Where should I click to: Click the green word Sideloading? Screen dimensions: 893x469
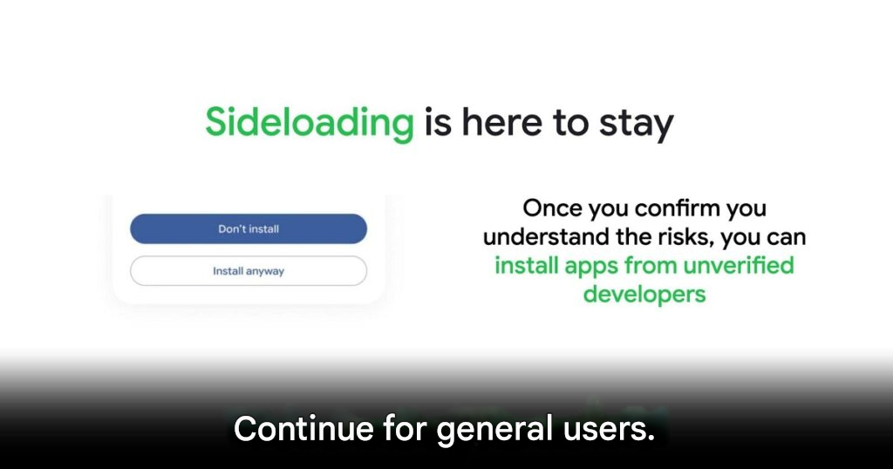[x=310, y=123]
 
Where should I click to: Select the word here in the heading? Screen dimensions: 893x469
[x=501, y=122]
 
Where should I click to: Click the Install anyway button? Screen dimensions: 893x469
[x=249, y=271]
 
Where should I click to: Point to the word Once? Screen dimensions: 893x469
[x=552, y=207]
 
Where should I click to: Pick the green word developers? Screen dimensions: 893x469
[x=644, y=295]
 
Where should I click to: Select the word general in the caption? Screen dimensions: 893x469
[x=495, y=430]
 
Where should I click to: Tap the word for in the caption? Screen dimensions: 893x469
[x=405, y=429]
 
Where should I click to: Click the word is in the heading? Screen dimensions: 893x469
[x=438, y=123]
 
